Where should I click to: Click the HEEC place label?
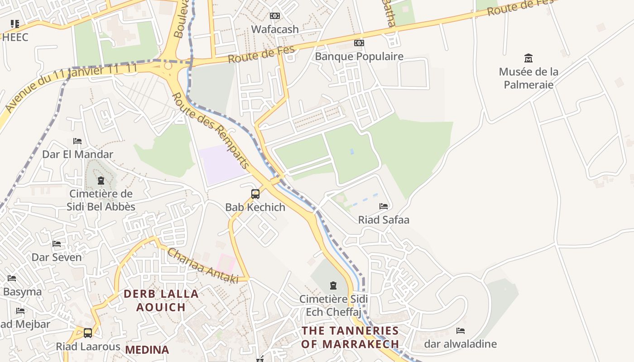15,37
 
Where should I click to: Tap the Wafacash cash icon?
274,16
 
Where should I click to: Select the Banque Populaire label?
359,57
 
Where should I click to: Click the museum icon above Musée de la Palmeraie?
528,58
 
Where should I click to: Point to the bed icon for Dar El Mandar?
77,141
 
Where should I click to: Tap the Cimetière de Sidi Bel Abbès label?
101,200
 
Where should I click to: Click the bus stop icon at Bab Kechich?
255,194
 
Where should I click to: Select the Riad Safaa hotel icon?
384,206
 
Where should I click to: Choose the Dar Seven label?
57,257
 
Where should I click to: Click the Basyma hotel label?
22,292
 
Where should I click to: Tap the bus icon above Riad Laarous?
88,333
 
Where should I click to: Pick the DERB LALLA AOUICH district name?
161,300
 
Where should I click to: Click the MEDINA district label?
147,350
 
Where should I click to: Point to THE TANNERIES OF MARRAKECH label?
350,337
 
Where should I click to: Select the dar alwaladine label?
460,344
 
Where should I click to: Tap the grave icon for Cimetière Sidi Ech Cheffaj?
333,286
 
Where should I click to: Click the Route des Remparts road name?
211,131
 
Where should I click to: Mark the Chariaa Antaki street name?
202,266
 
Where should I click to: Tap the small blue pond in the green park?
352,152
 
